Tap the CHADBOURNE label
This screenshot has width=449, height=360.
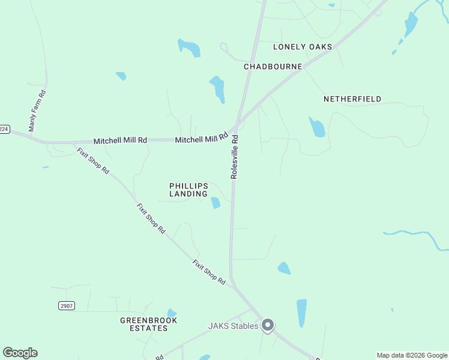pyautogui.click(x=273, y=67)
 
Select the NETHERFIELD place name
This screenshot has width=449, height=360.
pyautogui.click(x=352, y=99)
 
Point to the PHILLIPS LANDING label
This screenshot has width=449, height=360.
pyautogui.click(x=188, y=190)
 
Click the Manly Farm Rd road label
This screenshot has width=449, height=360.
pyautogui.click(x=38, y=111)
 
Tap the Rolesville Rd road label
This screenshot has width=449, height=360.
pyautogui.click(x=235, y=156)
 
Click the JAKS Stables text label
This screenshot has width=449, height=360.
pyautogui.click(x=233, y=326)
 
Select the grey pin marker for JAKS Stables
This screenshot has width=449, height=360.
pyautogui.click(x=268, y=325)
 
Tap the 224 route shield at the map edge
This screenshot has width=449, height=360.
pyautogui.click(x=4, y=129)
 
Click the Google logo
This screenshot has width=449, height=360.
pyautogui.click(x=20, y=353)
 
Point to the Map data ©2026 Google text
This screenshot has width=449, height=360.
pyautogui.click(x=412, y=355)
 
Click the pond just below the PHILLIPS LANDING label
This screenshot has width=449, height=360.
pyautogui.click(x=215, y=203)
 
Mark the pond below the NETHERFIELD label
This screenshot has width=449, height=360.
pyautogui.click(x=317, y=127)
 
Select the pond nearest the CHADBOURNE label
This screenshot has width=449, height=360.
pyautogui.click(x=217, y=89)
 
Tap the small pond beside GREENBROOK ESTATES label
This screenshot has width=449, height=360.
pyautogui.click(x=172, y=313)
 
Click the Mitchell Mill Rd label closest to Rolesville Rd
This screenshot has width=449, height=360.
pyautogui.click(x=202, y=139)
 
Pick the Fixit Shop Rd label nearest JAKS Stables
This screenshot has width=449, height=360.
pyautogui.click(x=209, y=271)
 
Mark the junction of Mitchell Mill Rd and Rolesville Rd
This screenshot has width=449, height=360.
pyautogui.click(x=237, y=127)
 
